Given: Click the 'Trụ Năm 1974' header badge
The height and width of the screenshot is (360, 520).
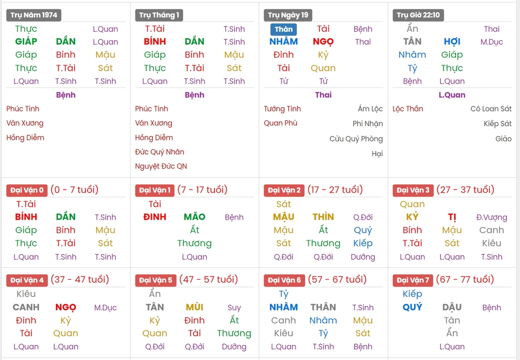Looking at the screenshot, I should click(34, 15).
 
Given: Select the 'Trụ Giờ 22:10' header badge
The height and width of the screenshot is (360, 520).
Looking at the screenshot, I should click(418, 15).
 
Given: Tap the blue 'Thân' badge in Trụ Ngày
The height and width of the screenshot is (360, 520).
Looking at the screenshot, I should click(283, 29).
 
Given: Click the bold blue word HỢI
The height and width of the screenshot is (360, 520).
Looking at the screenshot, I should click(452, 41).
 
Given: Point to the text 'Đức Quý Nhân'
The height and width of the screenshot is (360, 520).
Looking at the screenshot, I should click(160, 152).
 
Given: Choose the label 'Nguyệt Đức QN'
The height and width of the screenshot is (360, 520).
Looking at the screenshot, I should click(161, 166).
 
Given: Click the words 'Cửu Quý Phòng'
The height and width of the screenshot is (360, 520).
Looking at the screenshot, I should click(356, 139).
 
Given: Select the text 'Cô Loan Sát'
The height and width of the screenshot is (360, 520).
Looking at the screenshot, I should click(491, 109).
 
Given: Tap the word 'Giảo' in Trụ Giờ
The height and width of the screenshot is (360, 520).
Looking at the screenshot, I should click(503, 139).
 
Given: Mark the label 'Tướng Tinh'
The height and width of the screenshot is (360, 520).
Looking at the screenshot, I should click(282, 109).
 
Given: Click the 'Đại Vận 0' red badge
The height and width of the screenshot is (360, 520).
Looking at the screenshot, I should click(27, 190).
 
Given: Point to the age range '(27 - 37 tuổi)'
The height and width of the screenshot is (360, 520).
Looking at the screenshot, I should click(465, 190).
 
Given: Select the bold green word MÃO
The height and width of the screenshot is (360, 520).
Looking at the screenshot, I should click(194, 217).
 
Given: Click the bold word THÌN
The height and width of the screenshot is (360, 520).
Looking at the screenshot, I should click(323, 217).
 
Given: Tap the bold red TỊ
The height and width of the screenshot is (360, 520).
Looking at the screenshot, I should click(452, 217).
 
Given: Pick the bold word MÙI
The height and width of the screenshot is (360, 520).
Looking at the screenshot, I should click(194, 307).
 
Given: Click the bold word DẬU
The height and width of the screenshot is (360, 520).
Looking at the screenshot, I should click(452, 307).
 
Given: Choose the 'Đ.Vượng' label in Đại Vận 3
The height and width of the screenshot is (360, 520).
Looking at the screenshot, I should click(491, 217).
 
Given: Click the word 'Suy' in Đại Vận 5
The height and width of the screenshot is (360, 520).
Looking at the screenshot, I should click(234, 308).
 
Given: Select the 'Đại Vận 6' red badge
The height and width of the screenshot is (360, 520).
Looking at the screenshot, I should click(284, 280).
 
